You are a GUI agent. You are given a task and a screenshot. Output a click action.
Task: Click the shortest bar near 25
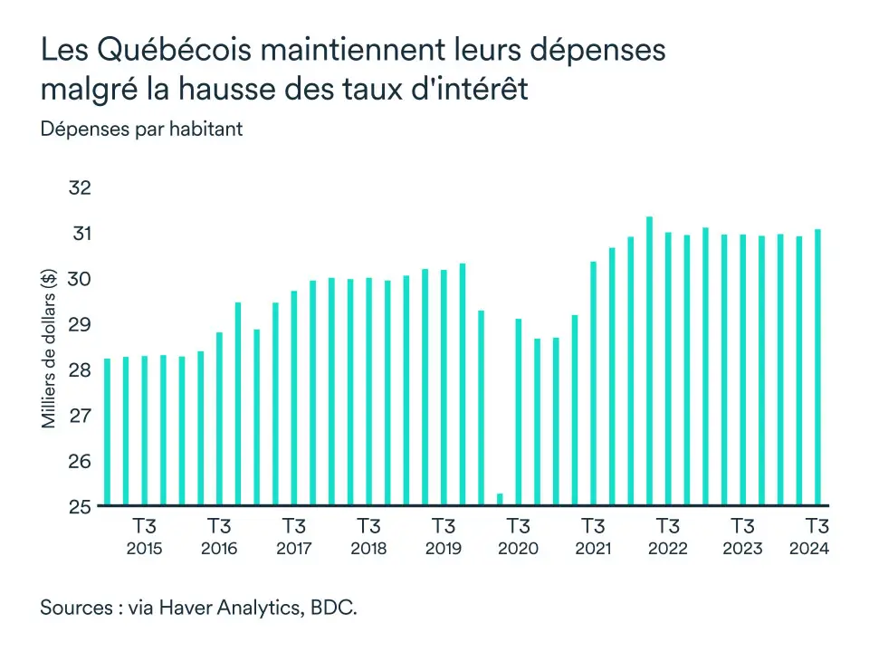500,499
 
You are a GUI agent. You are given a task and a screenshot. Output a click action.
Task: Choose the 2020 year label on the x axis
518,549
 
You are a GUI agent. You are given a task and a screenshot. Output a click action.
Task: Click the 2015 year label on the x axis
144,549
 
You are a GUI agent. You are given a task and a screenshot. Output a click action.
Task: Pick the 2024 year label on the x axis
808,549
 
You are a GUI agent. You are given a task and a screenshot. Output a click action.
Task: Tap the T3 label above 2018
368,526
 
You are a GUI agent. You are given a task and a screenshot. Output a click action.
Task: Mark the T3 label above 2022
667,526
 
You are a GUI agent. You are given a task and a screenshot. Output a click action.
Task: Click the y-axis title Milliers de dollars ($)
50,348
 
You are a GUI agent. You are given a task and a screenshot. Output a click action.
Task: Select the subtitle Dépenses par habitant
141,129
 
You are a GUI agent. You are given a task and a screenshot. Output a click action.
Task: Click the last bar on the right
817,367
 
